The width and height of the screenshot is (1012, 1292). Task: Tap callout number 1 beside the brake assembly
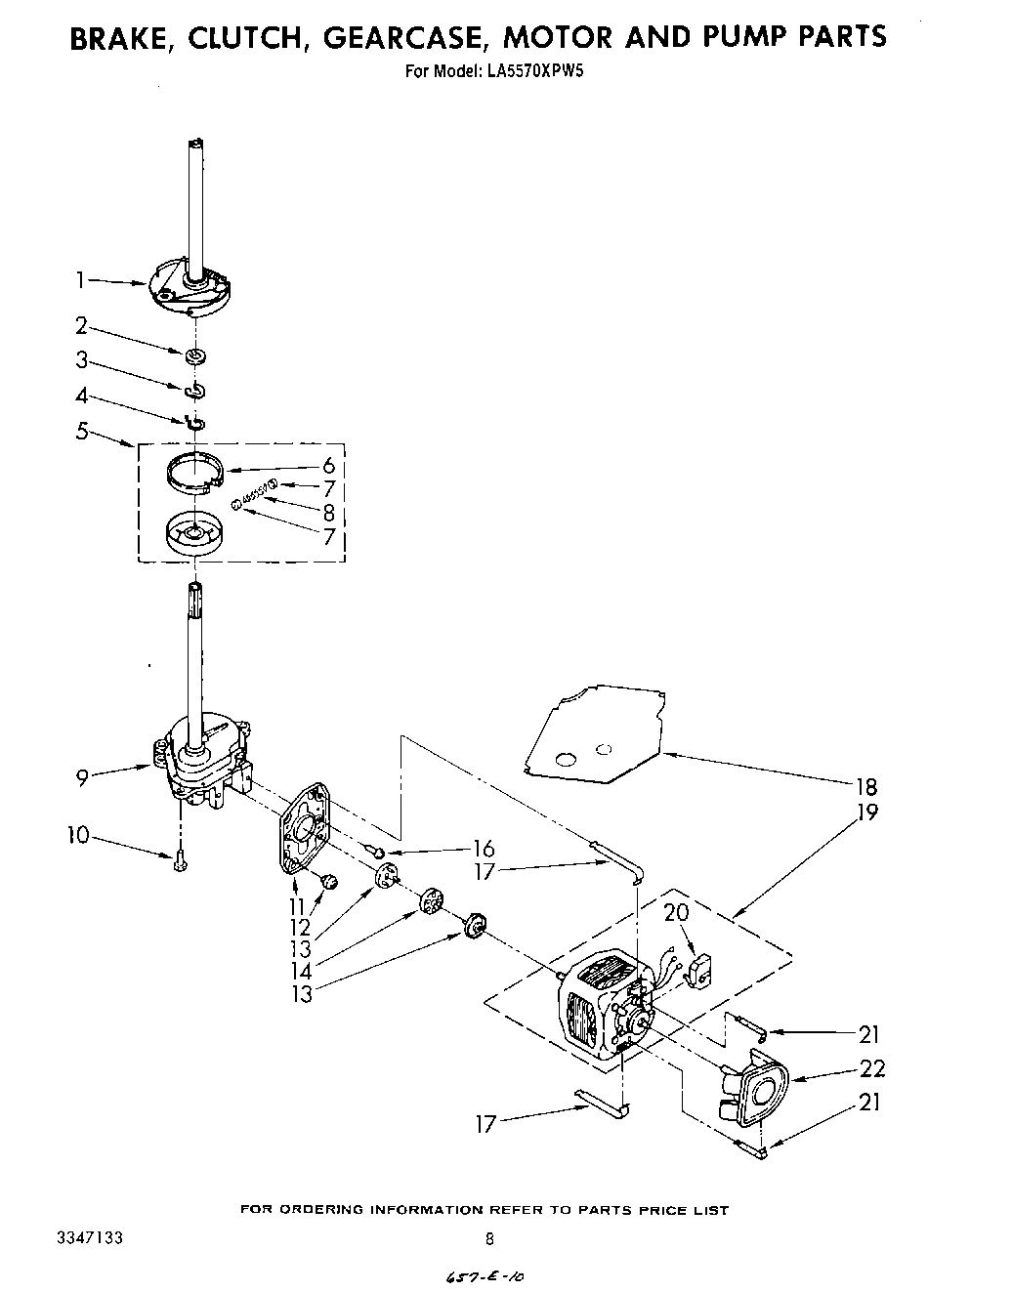click(82, 280)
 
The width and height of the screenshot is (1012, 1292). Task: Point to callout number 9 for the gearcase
click(83, 777)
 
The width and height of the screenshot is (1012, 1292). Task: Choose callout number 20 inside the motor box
click(676, 913)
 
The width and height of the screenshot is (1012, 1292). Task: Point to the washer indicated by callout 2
click(196, 354)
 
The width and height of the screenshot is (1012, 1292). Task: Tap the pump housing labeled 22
click(758, 1085)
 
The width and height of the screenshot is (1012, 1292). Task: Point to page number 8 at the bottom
click(489, 1239)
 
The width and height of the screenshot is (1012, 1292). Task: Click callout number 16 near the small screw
click(482, 849)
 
